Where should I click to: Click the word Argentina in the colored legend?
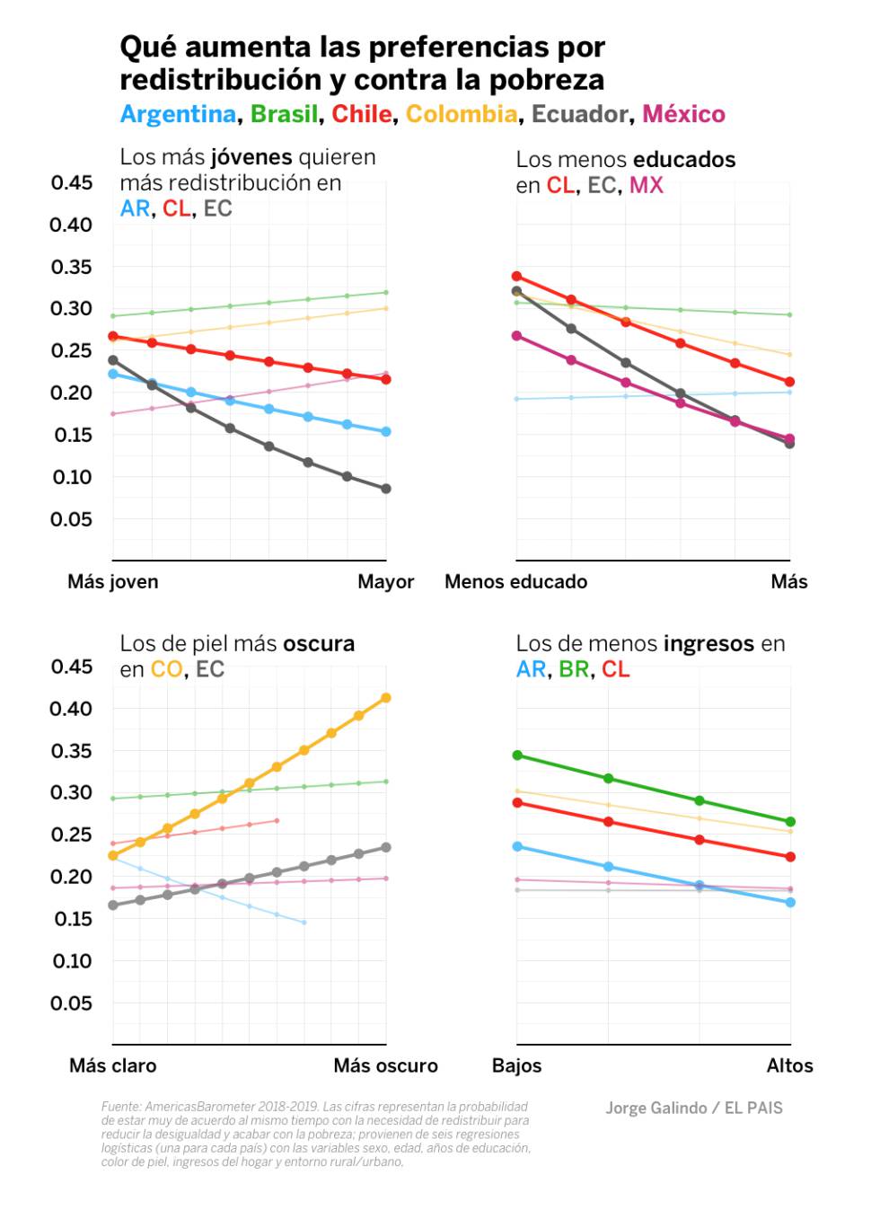click(x=178, y=114)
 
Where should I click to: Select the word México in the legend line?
click(x=683, y=114)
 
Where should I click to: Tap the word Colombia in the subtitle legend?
click(x=462, y=114)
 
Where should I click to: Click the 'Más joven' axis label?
click(x=113, y=581)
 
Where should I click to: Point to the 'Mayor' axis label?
click(x=385, y=581)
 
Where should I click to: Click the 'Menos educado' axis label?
click(x=515, y=581)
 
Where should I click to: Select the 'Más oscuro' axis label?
click(x=385, y=1065)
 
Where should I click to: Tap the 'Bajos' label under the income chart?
click(x=517, y=1065)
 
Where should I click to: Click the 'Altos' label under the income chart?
click(x=789, y=1065)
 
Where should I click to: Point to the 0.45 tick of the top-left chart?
click(x=72, y=182)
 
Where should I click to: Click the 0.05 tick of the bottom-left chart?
click(x=72, y=1003)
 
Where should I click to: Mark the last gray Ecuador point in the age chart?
click(x=386, y=489)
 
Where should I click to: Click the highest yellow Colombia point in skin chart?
click(x=386, y=697)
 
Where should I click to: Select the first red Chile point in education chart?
click(x=516, y=276)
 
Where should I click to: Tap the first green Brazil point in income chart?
click(x=517, y=755)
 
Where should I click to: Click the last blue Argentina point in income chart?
click(x=790, y=902)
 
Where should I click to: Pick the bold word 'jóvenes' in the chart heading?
click(x=251, y=157)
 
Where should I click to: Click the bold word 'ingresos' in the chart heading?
click(x=708, y=643)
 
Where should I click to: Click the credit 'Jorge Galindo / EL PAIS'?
click(x=693, y=1108)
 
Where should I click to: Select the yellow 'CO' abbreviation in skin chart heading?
click(x=166, y=669)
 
